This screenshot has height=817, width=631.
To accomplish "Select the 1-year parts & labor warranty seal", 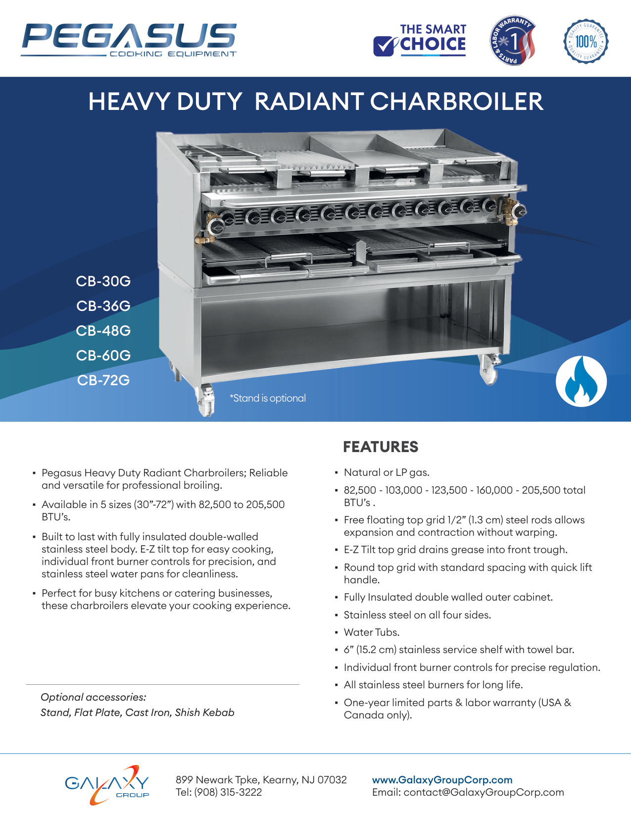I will pyautogui.click(x=512, y=40).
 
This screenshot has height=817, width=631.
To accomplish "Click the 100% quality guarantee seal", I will pyautogui.click(x=586, y=42).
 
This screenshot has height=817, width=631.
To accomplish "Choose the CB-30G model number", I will pyautogui.click(x=103, y=281).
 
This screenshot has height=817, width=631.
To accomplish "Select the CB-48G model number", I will pyautogui.click(x=103, y=331).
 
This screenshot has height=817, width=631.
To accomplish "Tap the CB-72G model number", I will pyautogui.click(x=103, y=380).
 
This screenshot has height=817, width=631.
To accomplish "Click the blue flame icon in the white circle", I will pyautogui.click(x=581, y=381).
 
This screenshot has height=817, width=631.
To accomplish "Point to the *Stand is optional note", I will pyautogui.click(x=267, y=398).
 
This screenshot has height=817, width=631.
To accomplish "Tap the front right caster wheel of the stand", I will pyautogui.click(x=489, y=371).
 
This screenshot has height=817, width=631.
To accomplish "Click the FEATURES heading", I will pyautogui.click(x=381, y=447).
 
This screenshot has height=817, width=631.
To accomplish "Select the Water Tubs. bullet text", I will pyautogui.click(x=372, y=632).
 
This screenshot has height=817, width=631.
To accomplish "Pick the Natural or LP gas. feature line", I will pyautogui.click(x=387, y=472).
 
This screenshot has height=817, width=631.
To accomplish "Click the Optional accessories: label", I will pyautogui.click(x=94, y=697).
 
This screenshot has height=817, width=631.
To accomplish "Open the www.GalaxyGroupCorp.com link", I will pyautogui.click(x=442, y=780).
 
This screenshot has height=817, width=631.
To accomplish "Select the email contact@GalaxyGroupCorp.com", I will pyautogui.click(x=484, y=792).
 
